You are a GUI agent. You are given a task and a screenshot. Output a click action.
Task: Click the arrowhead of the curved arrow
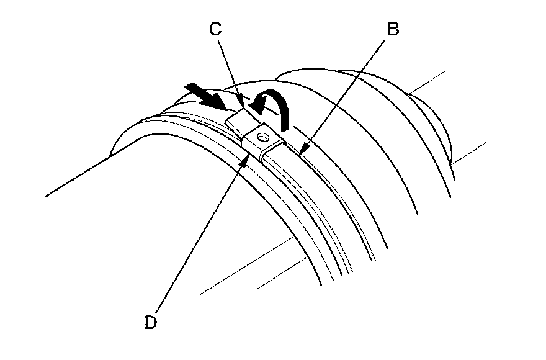coord(256,108)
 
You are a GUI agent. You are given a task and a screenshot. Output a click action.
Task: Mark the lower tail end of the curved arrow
coord(286,127)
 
